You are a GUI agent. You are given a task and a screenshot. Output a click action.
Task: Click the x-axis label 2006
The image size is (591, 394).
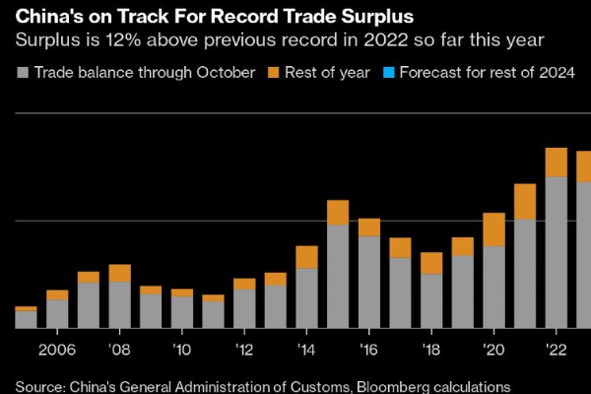point(57,349)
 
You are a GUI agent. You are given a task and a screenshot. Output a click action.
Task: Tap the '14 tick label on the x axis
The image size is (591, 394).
point(306,349)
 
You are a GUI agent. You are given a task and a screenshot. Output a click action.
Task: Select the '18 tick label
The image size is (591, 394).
point(431,349)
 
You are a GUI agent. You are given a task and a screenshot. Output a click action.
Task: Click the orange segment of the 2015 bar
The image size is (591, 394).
point(338,212)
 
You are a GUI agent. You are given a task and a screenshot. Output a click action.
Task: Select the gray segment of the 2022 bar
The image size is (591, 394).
point(557,252)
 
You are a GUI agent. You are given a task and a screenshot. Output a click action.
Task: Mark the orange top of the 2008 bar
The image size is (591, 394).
point(119,273)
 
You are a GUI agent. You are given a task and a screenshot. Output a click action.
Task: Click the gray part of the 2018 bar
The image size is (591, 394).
point(431,300)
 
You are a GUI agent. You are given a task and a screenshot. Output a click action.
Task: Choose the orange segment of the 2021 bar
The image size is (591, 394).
point(525,201)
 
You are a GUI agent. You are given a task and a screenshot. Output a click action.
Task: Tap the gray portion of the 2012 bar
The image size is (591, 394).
point(244,308)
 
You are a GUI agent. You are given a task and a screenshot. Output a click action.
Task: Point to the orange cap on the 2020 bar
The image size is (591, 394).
point(493,230)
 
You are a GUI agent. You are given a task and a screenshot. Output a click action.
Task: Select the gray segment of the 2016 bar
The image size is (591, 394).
point(369,282)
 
